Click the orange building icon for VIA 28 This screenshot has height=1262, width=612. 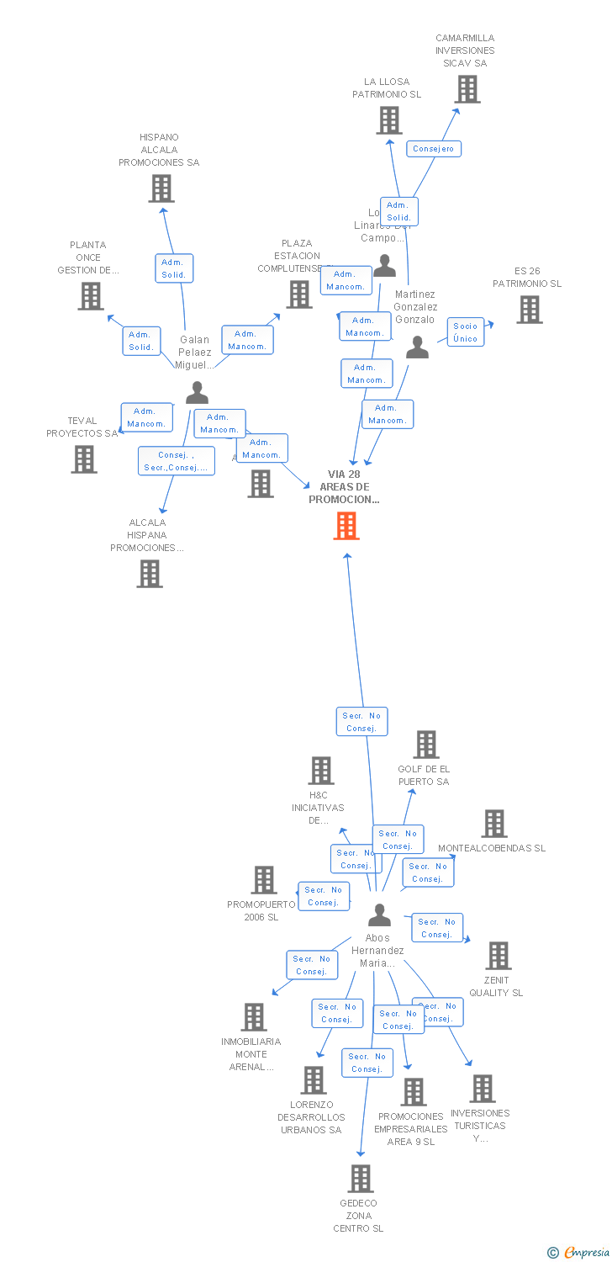coord(346,526)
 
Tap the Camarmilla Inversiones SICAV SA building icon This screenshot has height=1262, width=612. coord(467,89)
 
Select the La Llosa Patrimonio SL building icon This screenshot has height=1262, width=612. coord(388,120)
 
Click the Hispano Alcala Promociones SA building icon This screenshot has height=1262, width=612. coord(161,188)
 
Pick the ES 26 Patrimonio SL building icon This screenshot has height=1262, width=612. coord(529,310)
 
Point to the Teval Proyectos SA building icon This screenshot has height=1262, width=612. coord(83,459)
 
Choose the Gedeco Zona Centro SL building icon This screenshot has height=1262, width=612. coord(361,1179)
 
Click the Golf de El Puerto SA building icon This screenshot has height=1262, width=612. coord(426,745)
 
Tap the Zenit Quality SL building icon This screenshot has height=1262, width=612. coord(499,956)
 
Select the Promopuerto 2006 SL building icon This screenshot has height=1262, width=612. coord(264,880)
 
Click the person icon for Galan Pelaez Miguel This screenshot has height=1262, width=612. coord(197,392)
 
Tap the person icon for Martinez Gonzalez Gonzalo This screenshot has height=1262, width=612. coord(417,347)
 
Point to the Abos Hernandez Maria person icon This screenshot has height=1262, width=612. coord(380,915)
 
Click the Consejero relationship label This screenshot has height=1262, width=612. coord(434,149)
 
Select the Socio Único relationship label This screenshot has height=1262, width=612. coord(465,332)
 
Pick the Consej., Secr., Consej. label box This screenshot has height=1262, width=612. coord(176,461)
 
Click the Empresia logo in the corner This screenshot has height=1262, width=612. coord(579,1253)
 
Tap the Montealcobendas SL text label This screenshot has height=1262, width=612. coord(492,848)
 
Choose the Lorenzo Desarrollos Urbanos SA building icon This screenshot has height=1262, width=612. coord(314,1080)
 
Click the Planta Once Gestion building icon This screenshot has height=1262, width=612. coord(91,296)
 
